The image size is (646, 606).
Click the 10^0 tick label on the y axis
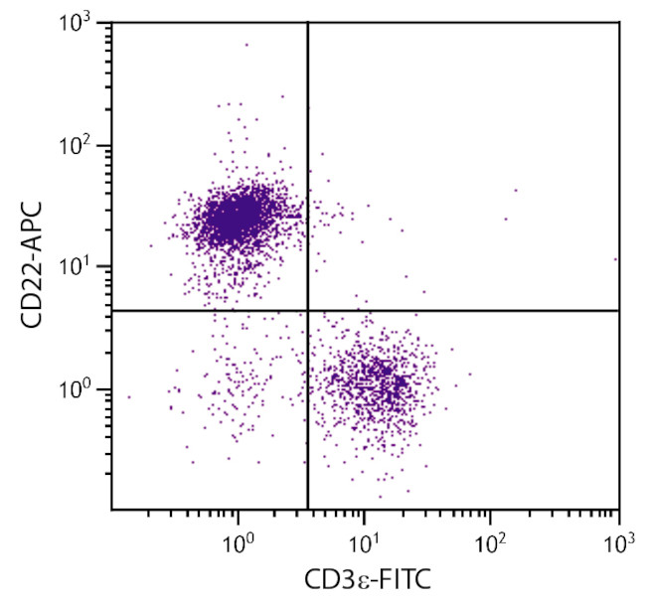(x=82, y=388)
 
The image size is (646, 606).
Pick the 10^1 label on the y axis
(x=82, y=266)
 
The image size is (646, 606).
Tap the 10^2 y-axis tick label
(x=82, y=145)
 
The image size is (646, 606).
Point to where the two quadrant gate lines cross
(x=308, y=311)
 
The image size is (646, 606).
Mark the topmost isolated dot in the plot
(x=246, y=44)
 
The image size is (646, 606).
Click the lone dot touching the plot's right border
(x=616, y=258)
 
